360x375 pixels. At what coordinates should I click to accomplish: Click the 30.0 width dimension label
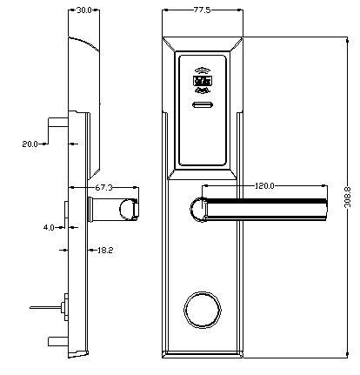click(x=84, y=10)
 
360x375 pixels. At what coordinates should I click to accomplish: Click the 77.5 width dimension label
click(x=202, y=10)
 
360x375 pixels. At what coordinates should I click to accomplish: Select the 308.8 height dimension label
click(x=347, y=197)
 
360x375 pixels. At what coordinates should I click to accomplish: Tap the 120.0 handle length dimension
click(x=264, y=185)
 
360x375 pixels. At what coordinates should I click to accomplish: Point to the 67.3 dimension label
click(x=103, y=188)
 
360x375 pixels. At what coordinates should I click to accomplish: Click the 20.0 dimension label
click(x=30, y=144)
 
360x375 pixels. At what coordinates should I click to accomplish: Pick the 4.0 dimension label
click(x=49, y=228)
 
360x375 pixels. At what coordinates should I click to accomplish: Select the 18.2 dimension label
click(x=105, y=250)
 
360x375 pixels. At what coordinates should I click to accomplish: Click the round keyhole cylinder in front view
click(x=203, y=310)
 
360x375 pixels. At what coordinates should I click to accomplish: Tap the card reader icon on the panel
click(x=203, y=81)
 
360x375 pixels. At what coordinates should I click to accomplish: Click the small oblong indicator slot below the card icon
click(x=203, y=105)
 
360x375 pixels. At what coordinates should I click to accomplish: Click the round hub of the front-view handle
click(x=199, y=210)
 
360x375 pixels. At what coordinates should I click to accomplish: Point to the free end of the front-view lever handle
click(x=326, y=210)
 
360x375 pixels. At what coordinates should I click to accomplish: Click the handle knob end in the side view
click(x=129, y=210)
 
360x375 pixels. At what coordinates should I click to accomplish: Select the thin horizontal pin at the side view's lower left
click(x=45, y=307)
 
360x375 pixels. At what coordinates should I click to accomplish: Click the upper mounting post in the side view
click(x=58, y=123)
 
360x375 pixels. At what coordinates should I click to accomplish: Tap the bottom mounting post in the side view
click(x=58, y=341)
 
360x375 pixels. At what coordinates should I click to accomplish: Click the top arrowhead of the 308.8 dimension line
click(x=347, y=40)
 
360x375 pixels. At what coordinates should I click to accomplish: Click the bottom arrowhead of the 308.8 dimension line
click(x=347, y=354)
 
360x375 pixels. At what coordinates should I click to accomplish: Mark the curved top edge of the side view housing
click(x=84, y=43)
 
